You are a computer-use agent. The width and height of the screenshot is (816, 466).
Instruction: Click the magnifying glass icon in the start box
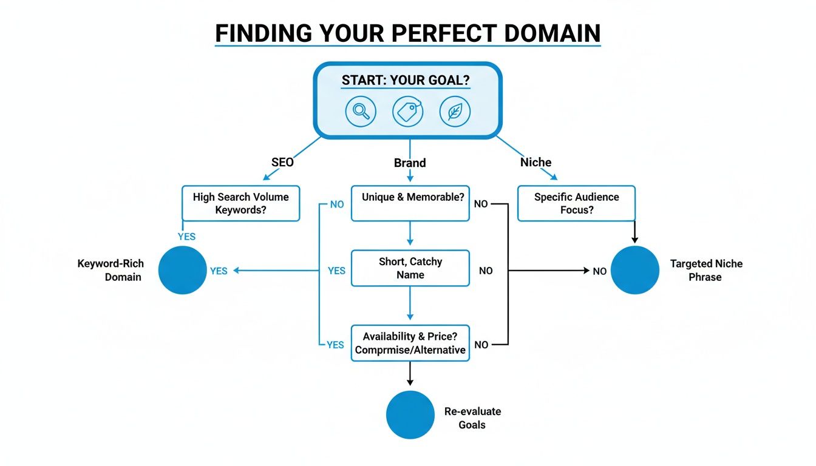point(361,112)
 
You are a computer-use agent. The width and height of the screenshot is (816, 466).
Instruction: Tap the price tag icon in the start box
point(408,112)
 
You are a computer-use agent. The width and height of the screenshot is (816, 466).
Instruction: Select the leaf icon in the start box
point(455,112)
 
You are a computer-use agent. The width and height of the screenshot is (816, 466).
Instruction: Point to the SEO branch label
point(282,163)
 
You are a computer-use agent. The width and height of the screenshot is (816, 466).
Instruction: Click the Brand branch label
point(410,163)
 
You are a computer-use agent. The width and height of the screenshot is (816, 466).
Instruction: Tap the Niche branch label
point(535,162)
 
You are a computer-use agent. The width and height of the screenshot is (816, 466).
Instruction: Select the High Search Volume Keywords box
point(241,203)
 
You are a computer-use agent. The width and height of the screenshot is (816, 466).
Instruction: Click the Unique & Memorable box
point(410,203)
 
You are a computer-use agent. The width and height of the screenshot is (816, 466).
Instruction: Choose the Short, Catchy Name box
point(410,268)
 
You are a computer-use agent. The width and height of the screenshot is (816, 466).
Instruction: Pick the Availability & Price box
point(410,343)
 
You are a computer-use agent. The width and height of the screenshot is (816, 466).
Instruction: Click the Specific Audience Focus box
point(576,203)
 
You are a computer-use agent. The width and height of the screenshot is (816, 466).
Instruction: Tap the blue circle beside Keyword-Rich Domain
point(183,270)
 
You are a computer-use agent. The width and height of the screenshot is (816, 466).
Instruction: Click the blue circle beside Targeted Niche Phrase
point(634,270)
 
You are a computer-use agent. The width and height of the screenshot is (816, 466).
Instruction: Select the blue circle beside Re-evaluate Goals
point(410,414)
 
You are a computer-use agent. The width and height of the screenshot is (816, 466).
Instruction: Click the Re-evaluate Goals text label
point(472,418)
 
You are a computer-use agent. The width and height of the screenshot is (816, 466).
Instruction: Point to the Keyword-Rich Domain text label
point(109,271)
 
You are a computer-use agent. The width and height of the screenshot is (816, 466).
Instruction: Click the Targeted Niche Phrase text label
point(705,271)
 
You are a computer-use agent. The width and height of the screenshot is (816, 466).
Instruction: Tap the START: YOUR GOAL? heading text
point(406,81)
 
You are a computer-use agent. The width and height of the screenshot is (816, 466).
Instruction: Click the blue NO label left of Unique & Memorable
point(337,204)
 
